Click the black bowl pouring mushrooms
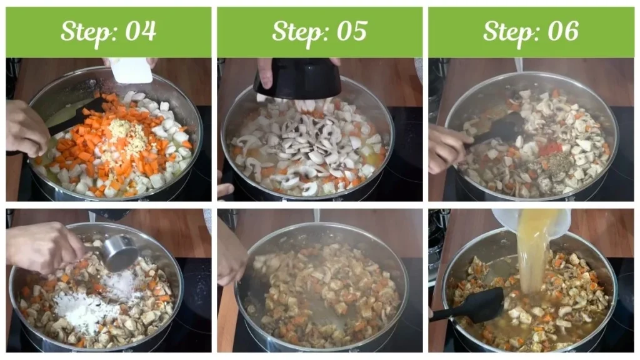pos(297,79)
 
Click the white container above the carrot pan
pos(131,71)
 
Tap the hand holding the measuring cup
pos(44,246)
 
